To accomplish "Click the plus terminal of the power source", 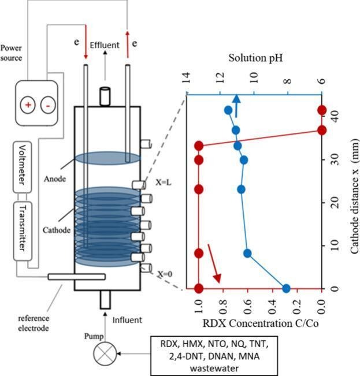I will [x=27, y=105].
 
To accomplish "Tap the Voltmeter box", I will [x=24, y=165].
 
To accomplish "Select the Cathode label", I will [x=56, y=230].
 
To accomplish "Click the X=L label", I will [x=164, y=181].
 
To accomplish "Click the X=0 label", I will [x=164, y=276].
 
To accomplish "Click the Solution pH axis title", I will [x=255, y=59].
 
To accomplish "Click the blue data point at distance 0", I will [x=285, y=288].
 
